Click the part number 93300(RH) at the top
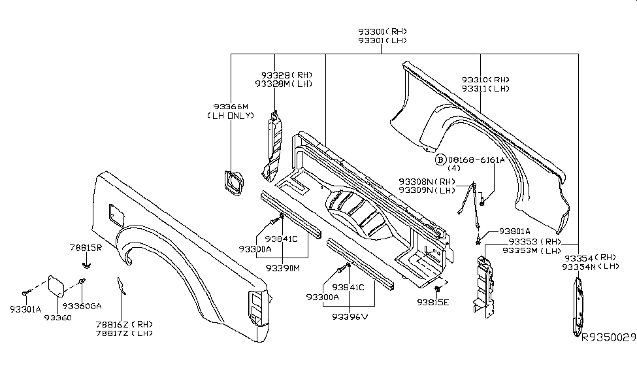(x=382, y=31)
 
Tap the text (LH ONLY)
(x=231, y=116)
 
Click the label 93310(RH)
(x=485, y=78)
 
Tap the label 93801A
(x=515, y=231)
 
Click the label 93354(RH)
(x=590, y=258)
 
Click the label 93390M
(x=282, y=268)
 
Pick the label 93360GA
(x=82, y=305)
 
